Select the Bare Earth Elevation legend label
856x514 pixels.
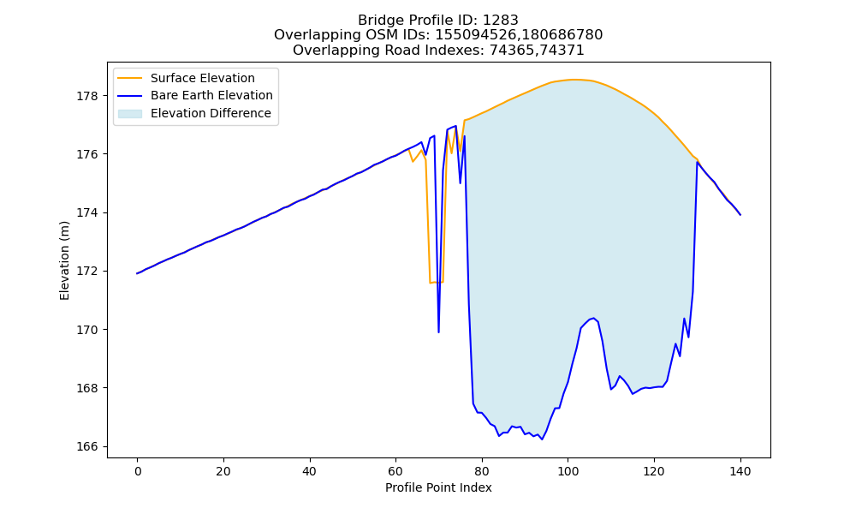coord(211,95)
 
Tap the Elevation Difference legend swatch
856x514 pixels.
coord(130,114)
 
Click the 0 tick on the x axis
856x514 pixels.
coord(138,471)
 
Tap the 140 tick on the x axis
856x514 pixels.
coord(740,471)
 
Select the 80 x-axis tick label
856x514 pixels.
coord(481,471)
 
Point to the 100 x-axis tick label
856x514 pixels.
coord(568,471)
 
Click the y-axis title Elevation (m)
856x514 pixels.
coord(64,260)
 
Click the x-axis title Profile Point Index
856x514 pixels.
coord(438,487)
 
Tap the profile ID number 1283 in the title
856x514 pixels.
coord(501,21)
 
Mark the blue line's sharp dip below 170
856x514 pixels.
coord(438,332)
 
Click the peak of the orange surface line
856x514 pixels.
coord(572,80)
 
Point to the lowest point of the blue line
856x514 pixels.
coord(542,439)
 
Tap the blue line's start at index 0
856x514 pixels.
coord(137,273)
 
